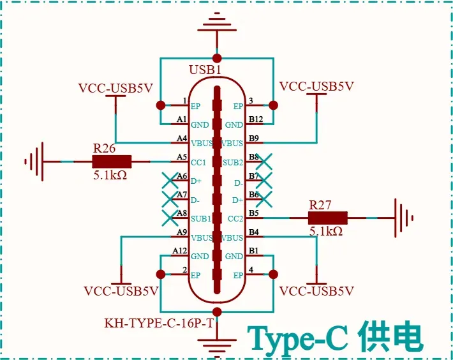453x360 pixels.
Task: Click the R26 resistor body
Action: click(112, 161)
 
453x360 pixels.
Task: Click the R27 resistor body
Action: click(327, 218)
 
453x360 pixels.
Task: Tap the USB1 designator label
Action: click(205, 70)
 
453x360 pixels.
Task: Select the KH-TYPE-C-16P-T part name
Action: click(159, 323)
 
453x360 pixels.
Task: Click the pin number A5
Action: click(182, 157)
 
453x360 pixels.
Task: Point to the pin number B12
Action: click(256, 119)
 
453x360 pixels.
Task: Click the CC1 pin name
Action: click(198, 163)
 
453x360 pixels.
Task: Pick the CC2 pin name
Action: click(235, 219)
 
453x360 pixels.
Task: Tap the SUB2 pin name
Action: click(233, 163)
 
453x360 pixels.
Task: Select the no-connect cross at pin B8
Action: click(264, 161)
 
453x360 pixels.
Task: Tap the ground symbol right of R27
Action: click(404, 218)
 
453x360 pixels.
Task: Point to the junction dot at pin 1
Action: click(161, 105)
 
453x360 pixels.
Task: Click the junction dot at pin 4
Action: click(273, 274)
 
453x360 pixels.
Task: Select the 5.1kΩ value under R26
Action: click(110, 175)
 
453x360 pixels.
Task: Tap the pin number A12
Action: click(180, 250)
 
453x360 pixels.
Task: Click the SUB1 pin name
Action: click(201, 219)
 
